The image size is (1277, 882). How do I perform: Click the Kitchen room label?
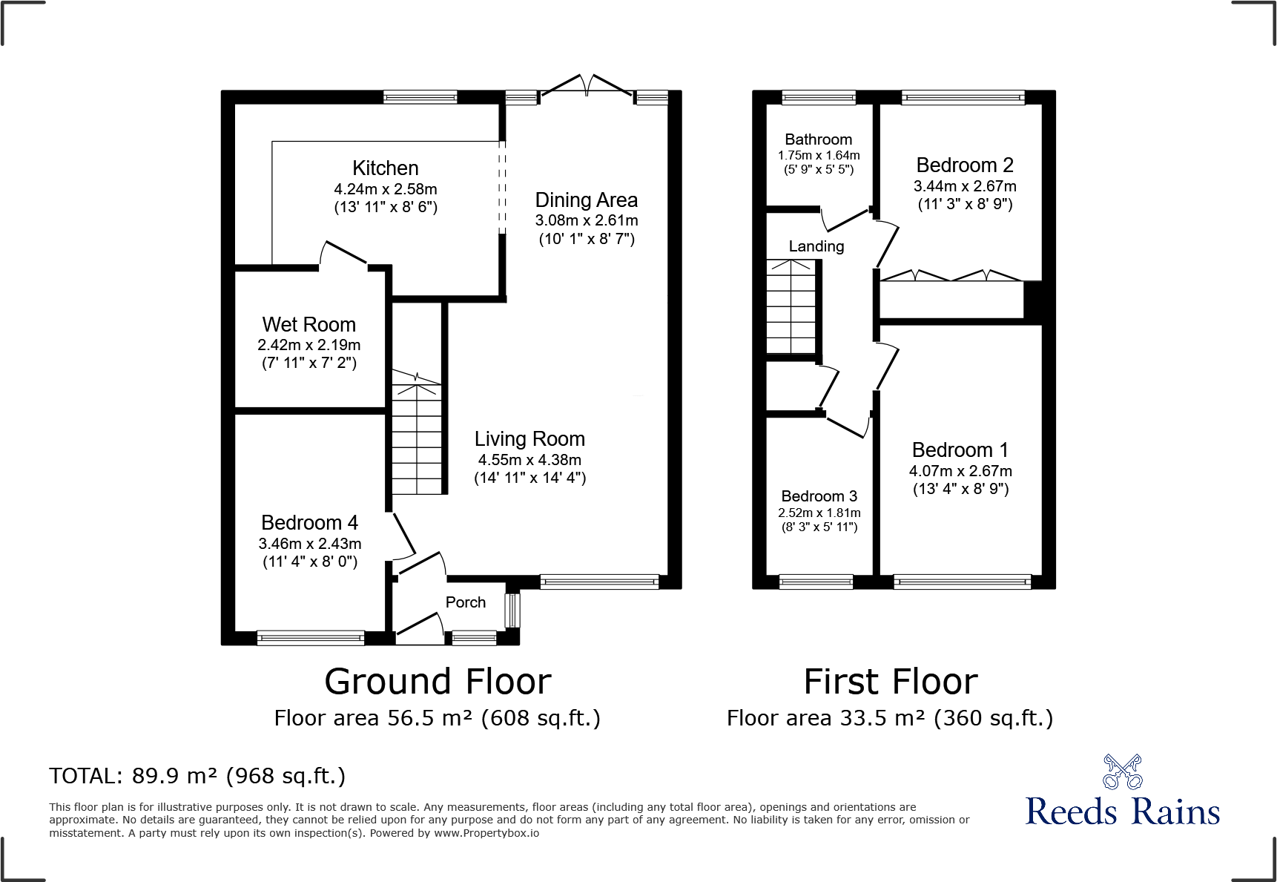(x=385, y=168)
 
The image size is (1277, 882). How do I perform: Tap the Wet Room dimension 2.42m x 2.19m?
(x=308, y=345)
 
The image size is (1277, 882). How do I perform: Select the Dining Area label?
(x=586, y=200)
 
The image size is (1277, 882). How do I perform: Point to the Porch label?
(x=465, y=602)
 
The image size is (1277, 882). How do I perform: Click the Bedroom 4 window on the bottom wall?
(x=310, y=637)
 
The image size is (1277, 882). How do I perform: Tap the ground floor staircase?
(x=416, y=438)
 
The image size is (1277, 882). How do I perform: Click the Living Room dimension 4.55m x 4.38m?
(x=529, y=460)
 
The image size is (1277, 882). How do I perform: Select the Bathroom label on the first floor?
(x=818, y=139)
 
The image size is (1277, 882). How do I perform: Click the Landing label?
(x=816, y=246)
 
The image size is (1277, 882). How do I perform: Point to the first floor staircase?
(x=791, y=307)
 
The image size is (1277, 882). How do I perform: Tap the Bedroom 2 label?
(x=964, y=165)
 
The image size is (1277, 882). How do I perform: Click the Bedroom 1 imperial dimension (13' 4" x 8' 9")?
(x=960, y=489)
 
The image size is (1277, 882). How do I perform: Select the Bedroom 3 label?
(x=819, y=496)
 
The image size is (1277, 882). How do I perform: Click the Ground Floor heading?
(x=438, y=682)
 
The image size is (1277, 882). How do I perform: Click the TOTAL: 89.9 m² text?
(x=197, y=776)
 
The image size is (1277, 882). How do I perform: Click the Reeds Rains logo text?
(x=1122, y=811)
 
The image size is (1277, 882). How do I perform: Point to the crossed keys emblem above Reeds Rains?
(x=1122, y=771)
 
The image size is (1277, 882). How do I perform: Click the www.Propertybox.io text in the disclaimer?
(x=486, y=833)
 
